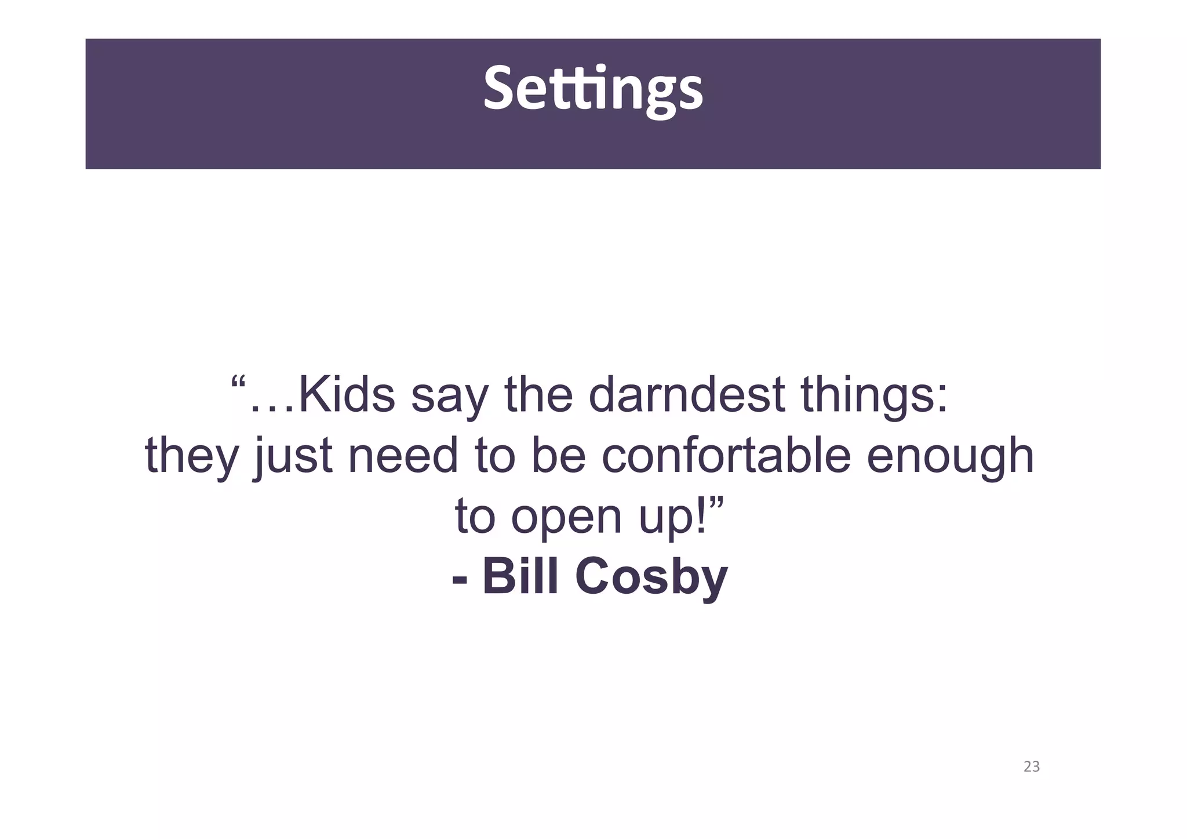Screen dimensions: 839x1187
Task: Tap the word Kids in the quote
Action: coord(346,395)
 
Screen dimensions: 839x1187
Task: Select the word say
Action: coord(449,397)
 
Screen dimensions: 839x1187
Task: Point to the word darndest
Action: coord(686,395)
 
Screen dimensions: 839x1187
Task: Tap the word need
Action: coord(403,456)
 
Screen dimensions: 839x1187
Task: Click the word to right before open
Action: coord(475,517)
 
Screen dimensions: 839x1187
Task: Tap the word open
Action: coord(566,518)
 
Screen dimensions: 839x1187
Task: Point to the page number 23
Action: coord(1031,767)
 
